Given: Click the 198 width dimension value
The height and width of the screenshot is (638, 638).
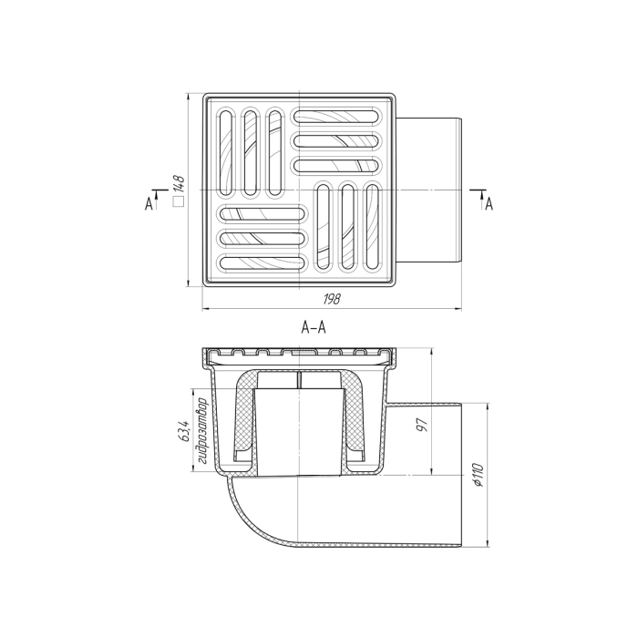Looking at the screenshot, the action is click(x=332, y=300).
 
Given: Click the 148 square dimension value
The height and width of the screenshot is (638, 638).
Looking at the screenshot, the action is click(x=179, y=184).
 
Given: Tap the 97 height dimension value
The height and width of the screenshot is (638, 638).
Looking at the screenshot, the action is click(x=423, y=425).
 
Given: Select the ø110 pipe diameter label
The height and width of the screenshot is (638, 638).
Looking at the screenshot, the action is click(x=478, y=475).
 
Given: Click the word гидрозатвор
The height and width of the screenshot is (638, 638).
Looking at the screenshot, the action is click(x=202, y=431).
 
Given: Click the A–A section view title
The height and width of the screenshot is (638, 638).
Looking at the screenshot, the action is click(x=314, y=327).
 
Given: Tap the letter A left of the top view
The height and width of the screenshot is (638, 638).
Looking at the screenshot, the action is click(x=149, y=203).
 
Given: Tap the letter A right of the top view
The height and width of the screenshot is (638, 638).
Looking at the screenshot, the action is click(x=489, y=203).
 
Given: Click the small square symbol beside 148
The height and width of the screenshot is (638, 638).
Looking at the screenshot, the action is click(x=179, y=201).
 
